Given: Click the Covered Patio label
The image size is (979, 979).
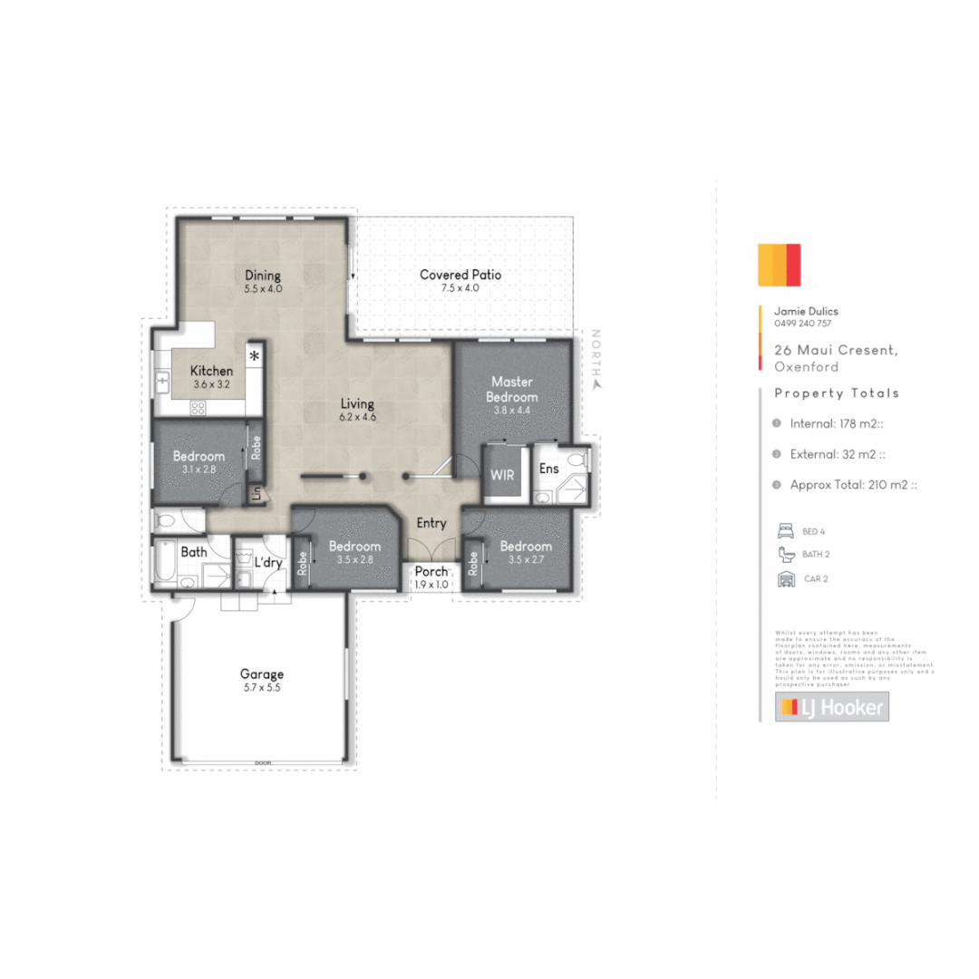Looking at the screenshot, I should click(460, 275).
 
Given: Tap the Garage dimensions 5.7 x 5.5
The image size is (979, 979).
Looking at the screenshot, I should click(262, 688).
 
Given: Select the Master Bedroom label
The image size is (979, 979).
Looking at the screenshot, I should click(511, 389).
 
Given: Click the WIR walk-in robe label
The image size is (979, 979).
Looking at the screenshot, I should click(502, 475).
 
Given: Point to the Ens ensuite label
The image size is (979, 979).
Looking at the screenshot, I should click(548, 469).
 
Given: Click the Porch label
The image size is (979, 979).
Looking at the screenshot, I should click(431, 572).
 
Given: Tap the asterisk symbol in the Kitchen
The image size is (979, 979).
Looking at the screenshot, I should click(255, 355).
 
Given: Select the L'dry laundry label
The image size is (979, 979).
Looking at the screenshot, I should click(268, 562).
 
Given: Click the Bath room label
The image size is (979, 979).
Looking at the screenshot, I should click(194, 551).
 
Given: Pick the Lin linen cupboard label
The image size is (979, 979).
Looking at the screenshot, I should click(256, 495).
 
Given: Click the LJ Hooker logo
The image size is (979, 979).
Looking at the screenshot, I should click(831, 707).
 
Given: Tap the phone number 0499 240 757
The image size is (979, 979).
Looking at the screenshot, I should click(802, 324).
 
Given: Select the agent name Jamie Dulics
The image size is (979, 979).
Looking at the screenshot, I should click(806, 311).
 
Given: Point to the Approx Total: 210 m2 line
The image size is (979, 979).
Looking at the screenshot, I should click(853, 485).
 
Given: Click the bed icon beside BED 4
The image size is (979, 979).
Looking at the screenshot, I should click(785, 530).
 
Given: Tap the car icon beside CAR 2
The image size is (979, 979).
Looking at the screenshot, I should click(785, 579).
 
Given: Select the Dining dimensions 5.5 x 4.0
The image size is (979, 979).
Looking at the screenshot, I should click(263, 289).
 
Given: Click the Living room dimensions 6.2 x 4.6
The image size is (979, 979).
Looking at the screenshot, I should click(357, 417).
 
